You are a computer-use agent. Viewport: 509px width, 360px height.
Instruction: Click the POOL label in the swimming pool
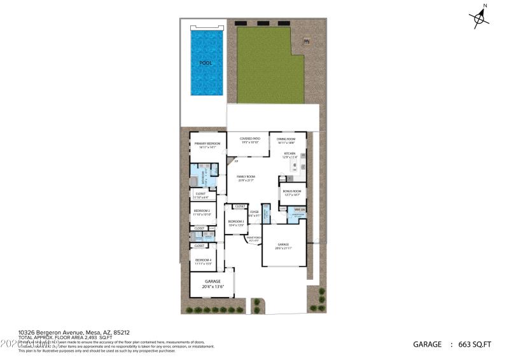(x=206, y=63)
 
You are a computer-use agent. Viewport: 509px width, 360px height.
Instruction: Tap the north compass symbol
(x=479, y=17)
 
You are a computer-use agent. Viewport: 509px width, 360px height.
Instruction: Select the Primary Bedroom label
(x=208, y=145)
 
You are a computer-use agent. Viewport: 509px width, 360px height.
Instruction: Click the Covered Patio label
(x=249, y=140)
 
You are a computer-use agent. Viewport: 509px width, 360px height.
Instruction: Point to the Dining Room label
(x=286, y=141)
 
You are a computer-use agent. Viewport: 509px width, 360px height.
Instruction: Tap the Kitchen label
(x=290, y=155)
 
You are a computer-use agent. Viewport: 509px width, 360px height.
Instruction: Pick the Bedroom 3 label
(x=237, y=223)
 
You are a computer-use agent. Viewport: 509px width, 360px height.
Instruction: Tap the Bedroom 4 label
(x=203, y=261)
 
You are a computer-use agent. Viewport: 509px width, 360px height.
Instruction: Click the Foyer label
(x=254, y=214)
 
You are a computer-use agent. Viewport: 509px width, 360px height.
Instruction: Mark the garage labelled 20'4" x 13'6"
(x=213, y=284)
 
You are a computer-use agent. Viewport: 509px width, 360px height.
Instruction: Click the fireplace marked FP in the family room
(x=228, y=162)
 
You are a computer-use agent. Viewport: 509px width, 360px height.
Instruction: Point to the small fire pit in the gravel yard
(x=307, y=41)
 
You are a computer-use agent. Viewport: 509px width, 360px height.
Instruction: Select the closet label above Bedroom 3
(x=240, y=206)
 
